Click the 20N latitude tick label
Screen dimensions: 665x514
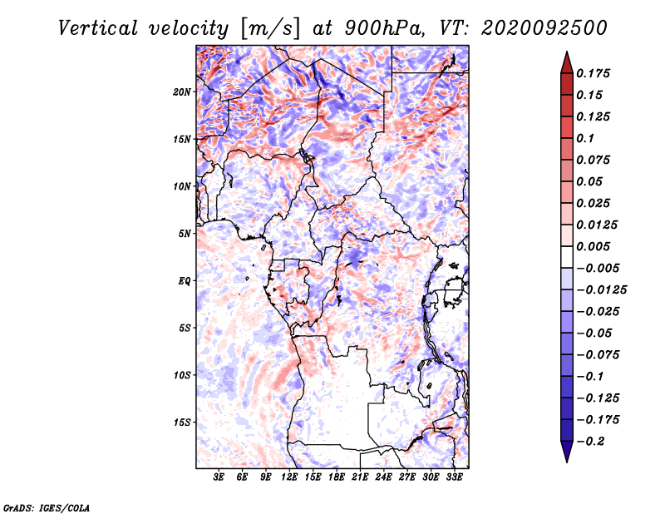pyautogui.click(x=181, y=91)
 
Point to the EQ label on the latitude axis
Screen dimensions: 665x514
pyautogui.click(x=184, y=281)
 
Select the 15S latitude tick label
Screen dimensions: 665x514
pyautogui.click(x=181, y=423)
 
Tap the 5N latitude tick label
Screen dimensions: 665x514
pyautogui.click(x=184, y=234)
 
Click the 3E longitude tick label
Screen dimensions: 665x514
pyautogui.click(x=218, y=477)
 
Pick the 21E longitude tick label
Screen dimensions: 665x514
pyautogui.click(x=360, y=477)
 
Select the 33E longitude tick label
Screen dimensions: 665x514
pyautogui.click(x=454, y=477)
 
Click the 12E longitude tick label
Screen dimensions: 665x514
pyautogui.click(x=288, y=477)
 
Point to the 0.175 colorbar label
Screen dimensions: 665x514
pyautogui.click(x=593, y=73)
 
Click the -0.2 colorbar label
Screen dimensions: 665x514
pyautogui.click(x=591, y=442)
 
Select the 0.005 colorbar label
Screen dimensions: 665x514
pyautogui.click(x=593, y=246)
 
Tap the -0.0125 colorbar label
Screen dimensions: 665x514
pyautogui.click(x=601, y=290)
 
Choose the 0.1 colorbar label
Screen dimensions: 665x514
pyautogui.click(x=585, y=138)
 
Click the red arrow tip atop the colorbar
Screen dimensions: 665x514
pyautogui.click(x=567, y=52)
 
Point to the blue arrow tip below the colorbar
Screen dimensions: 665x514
pyautogui.click(x=567, y=462)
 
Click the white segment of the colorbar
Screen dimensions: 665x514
pyautogui.click(x=567, y=257)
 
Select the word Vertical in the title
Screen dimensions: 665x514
pyautogui.click(x=98, y=28)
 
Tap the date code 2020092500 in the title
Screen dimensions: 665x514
pyautogui.click(x=544, y=28)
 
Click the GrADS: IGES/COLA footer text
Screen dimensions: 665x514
pyautogui.click(x=47, y=508)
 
